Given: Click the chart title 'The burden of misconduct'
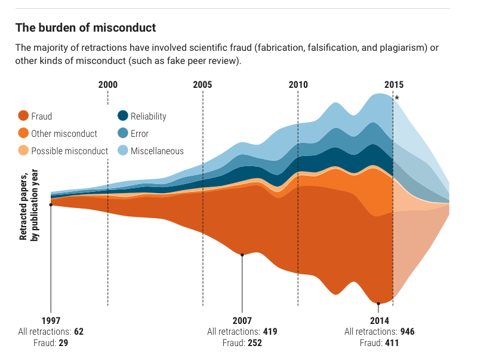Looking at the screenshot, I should pos(85,27).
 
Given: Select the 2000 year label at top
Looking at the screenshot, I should pos(107,84).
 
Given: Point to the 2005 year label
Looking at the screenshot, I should pos(202,84).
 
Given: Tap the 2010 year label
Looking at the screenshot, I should pos(298,84).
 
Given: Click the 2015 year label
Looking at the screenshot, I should pos(393,84).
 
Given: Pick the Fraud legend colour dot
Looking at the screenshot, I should pos(23,117).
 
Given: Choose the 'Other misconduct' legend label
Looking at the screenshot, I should pos(64,134).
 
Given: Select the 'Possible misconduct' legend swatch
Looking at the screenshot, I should pos(23,151).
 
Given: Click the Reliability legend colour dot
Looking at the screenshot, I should pos(122,117).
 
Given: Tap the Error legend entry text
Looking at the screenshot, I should pos(140,134).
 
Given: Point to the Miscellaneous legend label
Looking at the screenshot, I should pos(157,151).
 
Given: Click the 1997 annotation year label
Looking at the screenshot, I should pos(51,320).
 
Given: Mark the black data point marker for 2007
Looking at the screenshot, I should pos(242,255).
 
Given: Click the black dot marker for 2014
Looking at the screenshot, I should pos(379,304).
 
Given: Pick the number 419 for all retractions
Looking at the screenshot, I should pos(269,332).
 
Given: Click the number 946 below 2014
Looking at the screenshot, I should pos(408,332).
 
